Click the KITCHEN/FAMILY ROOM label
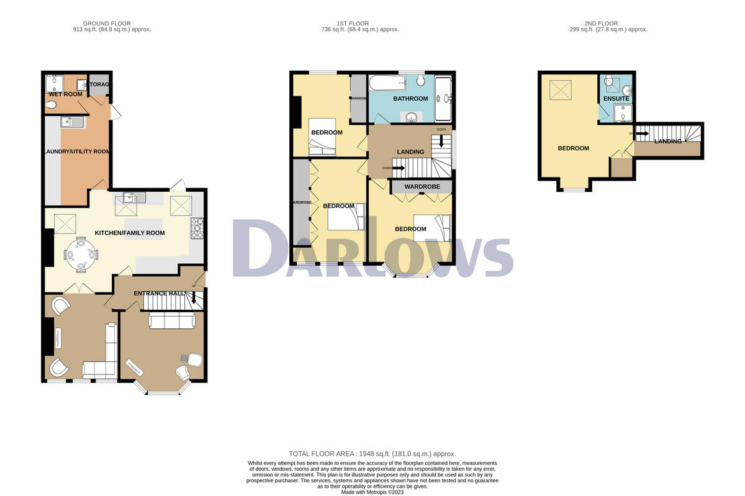129,233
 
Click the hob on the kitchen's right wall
197,228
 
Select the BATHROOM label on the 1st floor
410,99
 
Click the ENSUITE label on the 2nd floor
616,99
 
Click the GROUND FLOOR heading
111,23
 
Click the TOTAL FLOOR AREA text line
372,454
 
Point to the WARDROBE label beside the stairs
422,186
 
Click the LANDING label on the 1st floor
410,152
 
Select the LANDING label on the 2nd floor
667,142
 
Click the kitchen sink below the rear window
134,199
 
